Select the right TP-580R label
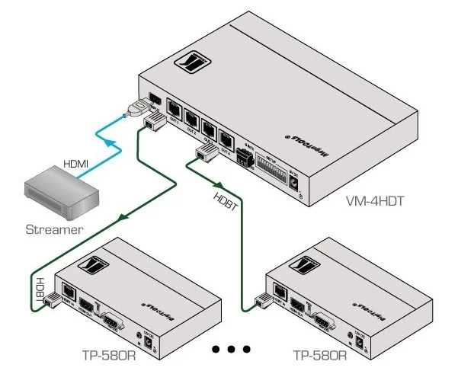click(x=320, y=353)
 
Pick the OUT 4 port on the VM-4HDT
click(x=226, y=138)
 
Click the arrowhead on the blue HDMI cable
click(x=110, y=142)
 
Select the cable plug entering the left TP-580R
click(x=52, y=300)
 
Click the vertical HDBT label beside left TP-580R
click(x=40, y=290)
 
